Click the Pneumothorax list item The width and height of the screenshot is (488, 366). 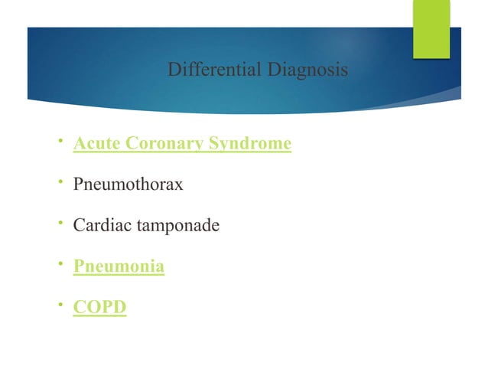[x=128, y=185]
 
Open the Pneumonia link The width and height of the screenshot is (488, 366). [x=119, y=267]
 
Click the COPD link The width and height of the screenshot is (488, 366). [x=99, y=308]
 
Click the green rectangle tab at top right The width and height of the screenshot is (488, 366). [x=431, y=28]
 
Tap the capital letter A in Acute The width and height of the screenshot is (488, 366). [x=79, y=143]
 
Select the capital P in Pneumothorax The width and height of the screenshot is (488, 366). [x=77, y=185]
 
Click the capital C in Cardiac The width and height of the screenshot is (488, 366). [x=78, y=227]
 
